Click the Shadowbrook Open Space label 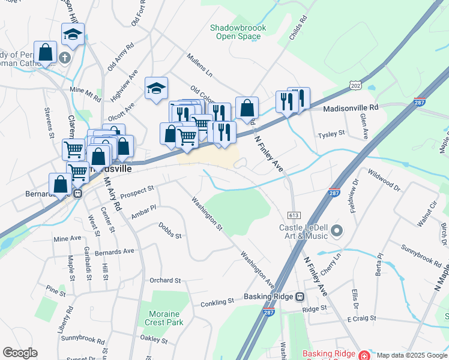(235, 32)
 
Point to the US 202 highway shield (356, 86)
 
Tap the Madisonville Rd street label (351, 108)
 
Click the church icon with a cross (65, 58)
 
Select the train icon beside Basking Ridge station (300, 296)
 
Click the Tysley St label (332, 133)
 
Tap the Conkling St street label (216, 304)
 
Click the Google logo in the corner (20, 353)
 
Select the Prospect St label (137, 191)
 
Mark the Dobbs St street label (170, 231)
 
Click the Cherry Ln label (331, 264)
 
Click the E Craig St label (361, 318)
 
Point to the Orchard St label (165, 280)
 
